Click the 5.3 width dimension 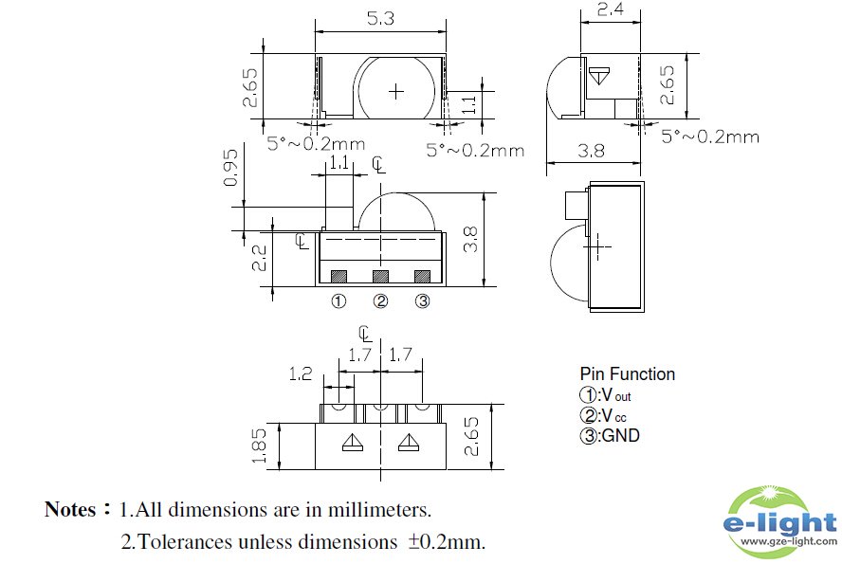379,18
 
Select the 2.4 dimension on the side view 611,11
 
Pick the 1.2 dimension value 301,373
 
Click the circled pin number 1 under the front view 339,301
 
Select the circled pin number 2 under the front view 380,301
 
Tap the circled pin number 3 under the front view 422,301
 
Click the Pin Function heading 627,373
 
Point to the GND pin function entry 609,436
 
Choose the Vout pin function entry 605,394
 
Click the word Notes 70,510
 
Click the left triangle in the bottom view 350,442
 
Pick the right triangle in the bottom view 409,442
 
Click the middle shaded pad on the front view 380,276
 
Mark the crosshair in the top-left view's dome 396,90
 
